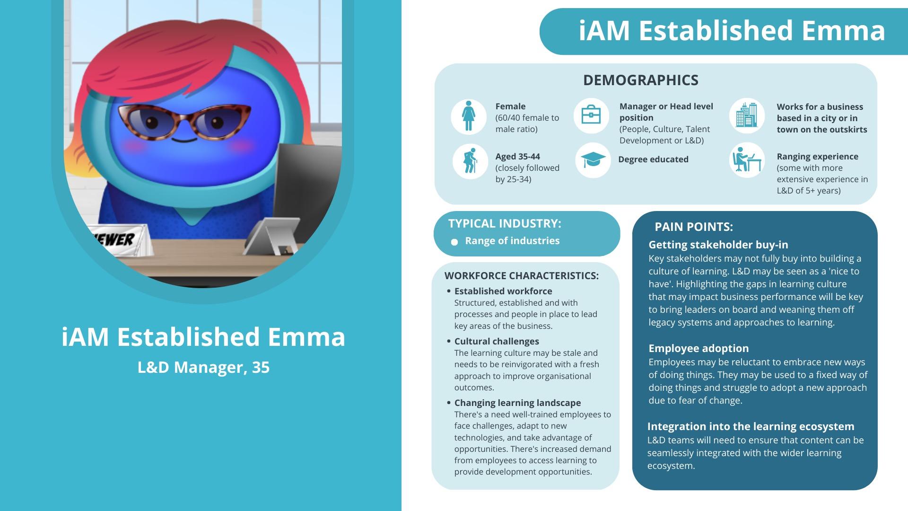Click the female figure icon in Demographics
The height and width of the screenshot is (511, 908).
(x=468, y=116)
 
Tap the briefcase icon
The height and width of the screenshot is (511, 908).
(x=591, y=115)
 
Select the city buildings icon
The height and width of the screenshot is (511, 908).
(x=747, y=115)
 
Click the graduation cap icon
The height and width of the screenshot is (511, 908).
(x=593, y=160)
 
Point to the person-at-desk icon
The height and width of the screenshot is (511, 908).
(x=747, y=160)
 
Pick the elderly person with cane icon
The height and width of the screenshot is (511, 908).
(x=470, y=161)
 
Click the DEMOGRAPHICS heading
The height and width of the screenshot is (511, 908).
(x=640, y=80)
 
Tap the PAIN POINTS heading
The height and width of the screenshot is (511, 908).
(x=694, y=227)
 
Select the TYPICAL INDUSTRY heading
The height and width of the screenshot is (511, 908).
(x=505, y=223)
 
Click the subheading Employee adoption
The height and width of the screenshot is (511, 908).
(x=698, y=348)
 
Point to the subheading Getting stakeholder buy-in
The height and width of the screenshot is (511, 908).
(x=718, y=245)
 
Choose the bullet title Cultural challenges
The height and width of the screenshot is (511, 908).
(x=497, y=341)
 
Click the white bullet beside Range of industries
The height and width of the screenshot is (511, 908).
(x=454, y=242)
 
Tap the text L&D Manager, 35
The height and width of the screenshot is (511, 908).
(x=203, y=367)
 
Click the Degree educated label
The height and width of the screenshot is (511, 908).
(x=653, y=159)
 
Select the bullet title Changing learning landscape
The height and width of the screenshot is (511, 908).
(x=517, y=403)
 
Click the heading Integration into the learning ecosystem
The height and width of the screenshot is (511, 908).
(x=751, y=426)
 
